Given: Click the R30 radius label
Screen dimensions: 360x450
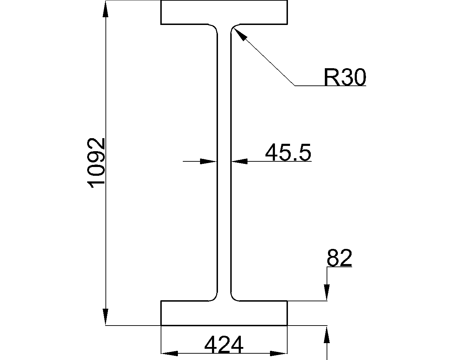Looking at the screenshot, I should coord(345,78).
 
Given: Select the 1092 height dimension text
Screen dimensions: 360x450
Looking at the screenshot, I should coord(96,163).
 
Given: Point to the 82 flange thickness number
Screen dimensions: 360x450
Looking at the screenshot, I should coord(339,258).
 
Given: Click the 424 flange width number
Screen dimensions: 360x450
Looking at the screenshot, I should coord(224,345).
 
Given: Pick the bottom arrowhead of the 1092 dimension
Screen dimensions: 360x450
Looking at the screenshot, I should coord(105,316).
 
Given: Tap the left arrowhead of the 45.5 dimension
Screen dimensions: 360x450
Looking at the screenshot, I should coord(208,161).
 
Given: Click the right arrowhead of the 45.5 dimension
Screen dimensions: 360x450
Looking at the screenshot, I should coord(240,161).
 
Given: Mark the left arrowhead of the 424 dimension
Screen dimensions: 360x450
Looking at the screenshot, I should coord(169,353).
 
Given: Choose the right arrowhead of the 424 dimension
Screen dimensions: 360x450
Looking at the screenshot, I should coord(279,353).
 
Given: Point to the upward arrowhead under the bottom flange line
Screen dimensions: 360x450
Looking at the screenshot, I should coord(327,334).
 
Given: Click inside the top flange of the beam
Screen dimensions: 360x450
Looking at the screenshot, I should coord(224,12).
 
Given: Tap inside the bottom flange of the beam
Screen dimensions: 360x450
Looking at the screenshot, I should coord(224,313).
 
